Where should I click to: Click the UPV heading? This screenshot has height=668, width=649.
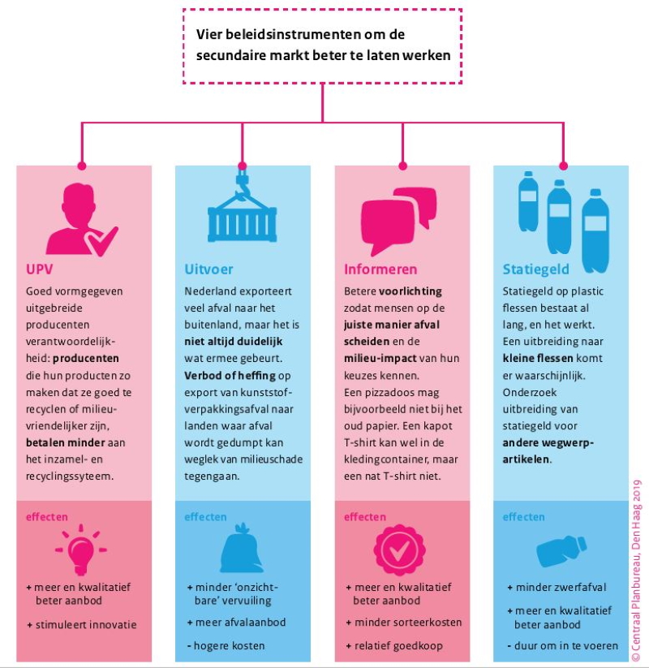[x=39, y=269]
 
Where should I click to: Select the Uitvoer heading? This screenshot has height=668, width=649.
[x=208, y=269]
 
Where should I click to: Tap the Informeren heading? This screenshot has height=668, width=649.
[x=380, y=269]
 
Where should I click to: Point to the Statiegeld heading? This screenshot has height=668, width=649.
[x=535, y=269]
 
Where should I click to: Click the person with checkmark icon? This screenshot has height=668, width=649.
[x=82, y=220]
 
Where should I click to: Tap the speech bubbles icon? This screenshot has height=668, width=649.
[x=398, y=222]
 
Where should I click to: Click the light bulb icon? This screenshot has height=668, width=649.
[x=81, y=550]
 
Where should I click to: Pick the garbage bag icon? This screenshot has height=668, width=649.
[x=240, y=549]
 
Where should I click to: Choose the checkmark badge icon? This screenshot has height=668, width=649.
[x=399, y=550]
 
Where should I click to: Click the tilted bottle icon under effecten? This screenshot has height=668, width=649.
[x=561, y=550]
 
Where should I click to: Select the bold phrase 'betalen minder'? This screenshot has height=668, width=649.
[x=65, y=442]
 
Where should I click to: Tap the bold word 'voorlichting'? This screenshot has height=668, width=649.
[x=410, y=291]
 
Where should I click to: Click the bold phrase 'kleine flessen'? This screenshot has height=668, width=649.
[x=537, y=358]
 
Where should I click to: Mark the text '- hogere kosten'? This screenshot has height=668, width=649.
[x=226, y=646]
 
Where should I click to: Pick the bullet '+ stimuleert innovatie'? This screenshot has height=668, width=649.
[x=82, y=625]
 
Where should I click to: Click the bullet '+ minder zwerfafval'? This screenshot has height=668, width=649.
[x=557, y=588]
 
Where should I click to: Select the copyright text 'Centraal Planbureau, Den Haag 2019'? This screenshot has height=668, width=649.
[x=636, y=571]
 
